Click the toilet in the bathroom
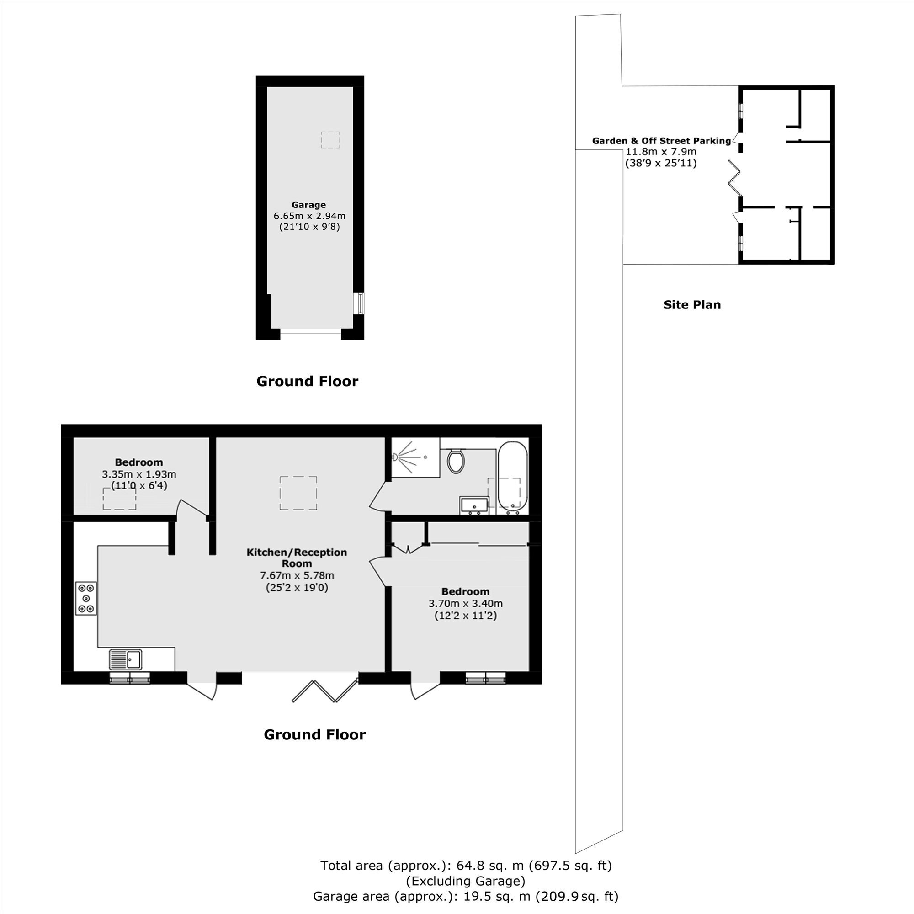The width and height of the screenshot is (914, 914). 456,460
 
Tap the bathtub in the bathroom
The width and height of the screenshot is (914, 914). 512,478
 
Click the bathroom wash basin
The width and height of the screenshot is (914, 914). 474,505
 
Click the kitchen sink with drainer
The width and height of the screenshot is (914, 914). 125,659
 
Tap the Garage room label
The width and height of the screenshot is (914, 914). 308,205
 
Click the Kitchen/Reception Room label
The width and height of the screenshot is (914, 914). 297,558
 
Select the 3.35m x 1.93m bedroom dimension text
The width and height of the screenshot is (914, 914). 139,474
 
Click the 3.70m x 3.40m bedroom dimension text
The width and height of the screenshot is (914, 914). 466,604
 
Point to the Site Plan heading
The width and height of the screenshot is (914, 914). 692,305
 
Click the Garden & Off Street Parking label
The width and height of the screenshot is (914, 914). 661,140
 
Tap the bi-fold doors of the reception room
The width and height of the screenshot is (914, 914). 324,690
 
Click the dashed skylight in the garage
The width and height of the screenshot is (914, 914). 331,140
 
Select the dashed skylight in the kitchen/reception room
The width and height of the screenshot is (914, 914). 298,494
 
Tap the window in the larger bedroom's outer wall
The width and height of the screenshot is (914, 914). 485,678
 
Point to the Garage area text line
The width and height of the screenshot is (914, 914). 466,896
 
